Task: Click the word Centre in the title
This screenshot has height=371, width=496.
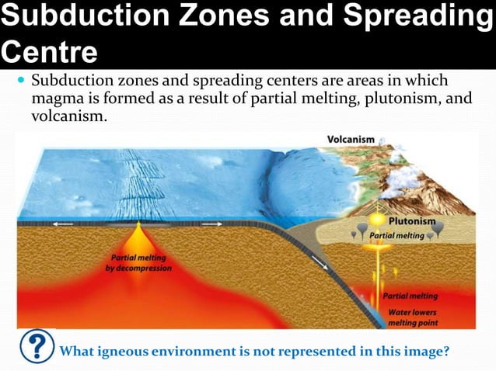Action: (49, 53)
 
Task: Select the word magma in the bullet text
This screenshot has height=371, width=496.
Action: (56, 99)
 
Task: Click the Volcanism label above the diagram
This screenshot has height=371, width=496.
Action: (351, 140)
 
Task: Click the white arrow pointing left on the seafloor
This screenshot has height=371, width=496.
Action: (63, 224)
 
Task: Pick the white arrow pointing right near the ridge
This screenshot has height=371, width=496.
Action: (211, 224)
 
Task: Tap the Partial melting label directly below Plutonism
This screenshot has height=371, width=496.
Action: (396, 235)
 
